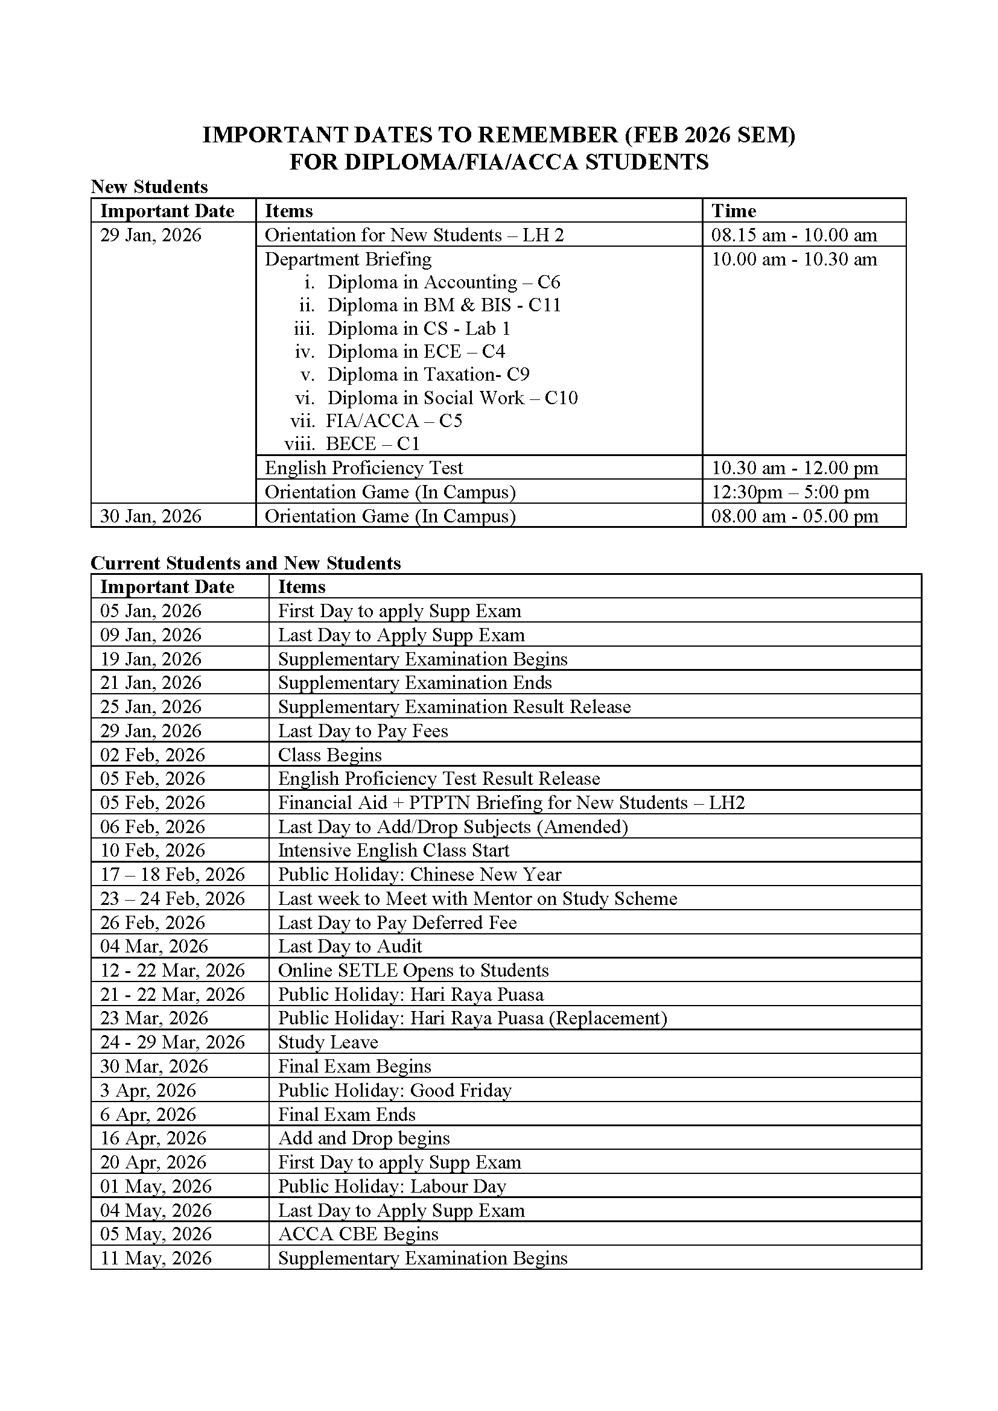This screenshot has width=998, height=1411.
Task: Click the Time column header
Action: pos(734,211)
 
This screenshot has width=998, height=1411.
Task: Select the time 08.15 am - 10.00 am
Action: pos(794,235)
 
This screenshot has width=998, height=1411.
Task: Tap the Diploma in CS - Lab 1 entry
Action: pos(419,328)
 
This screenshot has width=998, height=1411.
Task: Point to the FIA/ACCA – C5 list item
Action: pos(394,420)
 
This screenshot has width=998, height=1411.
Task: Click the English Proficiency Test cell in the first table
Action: pos(364,468)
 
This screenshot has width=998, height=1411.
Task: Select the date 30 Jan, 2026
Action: pos(151,516)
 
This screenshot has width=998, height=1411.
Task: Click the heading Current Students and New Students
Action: pos(246,563)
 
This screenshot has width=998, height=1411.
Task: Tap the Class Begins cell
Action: pos(330,755)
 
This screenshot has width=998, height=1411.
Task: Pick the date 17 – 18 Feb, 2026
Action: pos(173,875)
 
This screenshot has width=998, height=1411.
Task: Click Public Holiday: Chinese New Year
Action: pos(420,875)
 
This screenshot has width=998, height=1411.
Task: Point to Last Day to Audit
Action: pos(351,946)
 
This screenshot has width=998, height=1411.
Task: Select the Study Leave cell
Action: pos(328,1042)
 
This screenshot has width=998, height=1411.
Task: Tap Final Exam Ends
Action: pos(347,1114)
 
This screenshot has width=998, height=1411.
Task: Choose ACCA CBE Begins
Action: pos(359,1234)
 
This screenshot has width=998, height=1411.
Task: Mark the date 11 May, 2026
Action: pos(156,1258)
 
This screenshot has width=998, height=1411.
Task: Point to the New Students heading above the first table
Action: pos(149,187)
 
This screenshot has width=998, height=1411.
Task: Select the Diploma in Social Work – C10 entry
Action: pos(453,398)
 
